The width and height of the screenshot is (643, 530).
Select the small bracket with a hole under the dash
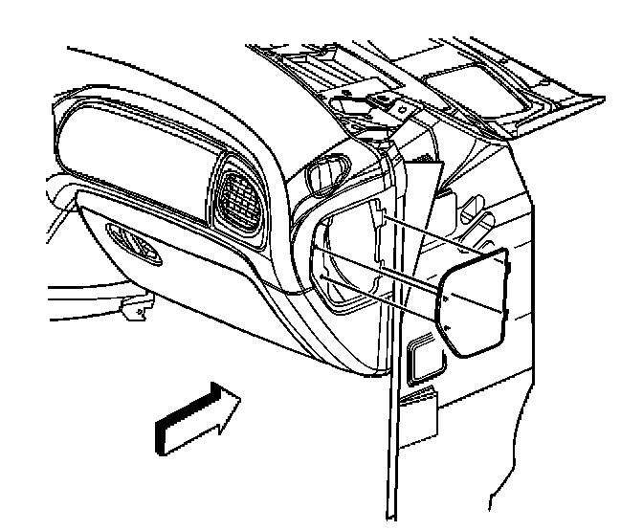[140, 308]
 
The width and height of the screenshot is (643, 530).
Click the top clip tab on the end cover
[504, 256]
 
